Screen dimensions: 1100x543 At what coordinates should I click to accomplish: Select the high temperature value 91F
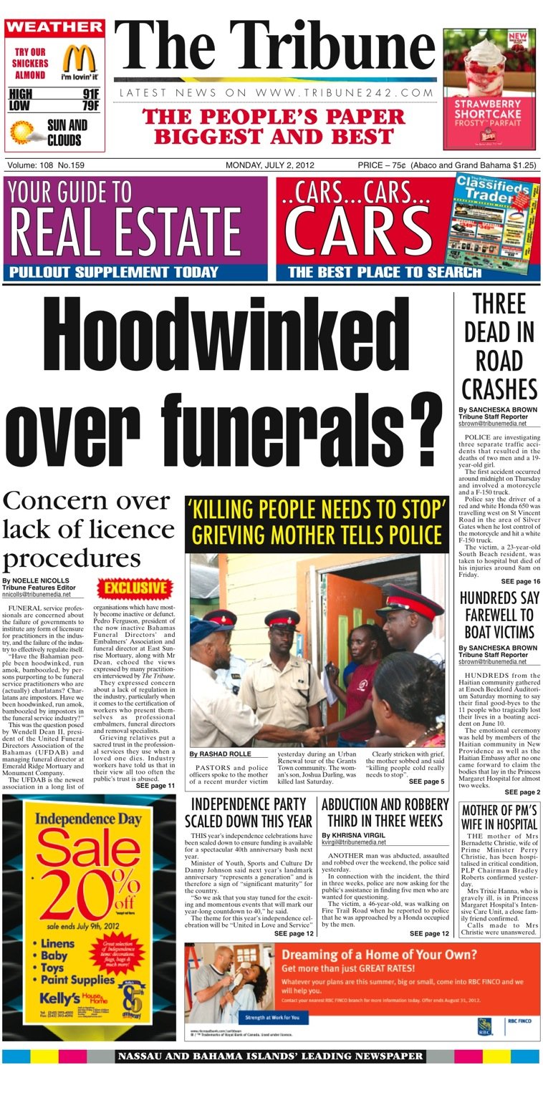pos(90,94)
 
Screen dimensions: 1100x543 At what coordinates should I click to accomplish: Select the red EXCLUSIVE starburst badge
pos(135,588)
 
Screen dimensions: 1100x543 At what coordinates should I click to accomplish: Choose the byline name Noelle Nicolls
pos(35,580)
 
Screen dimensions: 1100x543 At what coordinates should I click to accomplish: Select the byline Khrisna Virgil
pos(351,835)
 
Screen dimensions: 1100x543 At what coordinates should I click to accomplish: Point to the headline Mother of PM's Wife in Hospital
pos(499,817)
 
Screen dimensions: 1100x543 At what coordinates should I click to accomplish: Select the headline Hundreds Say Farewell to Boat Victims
pos(499,615)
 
